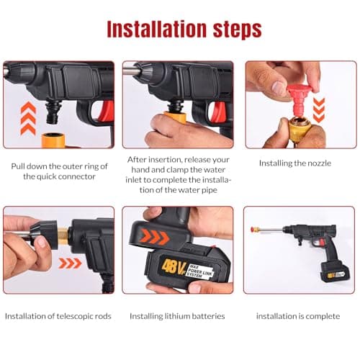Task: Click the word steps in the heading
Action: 234,30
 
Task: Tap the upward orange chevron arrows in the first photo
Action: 27,119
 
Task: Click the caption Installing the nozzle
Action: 294,163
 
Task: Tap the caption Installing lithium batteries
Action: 177,316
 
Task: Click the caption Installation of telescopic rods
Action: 58,316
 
